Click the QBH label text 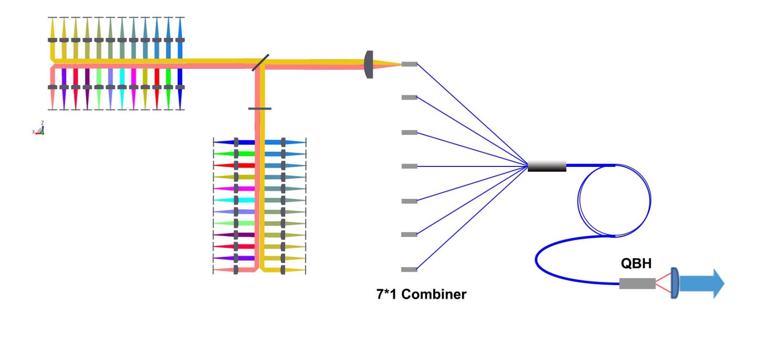636,263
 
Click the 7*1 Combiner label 422,294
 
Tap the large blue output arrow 701,283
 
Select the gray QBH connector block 637,283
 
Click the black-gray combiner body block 547,166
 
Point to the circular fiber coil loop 578,200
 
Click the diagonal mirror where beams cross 260,62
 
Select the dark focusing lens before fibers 369,64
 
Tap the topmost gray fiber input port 410,64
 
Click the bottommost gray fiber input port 410,269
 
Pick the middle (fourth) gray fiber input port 410,166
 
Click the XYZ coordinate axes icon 39,129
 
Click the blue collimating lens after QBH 675,283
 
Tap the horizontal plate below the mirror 260,109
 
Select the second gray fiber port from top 410,97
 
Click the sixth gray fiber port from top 410,234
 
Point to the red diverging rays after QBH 663,283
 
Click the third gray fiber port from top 410,133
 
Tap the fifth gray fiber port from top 410,201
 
